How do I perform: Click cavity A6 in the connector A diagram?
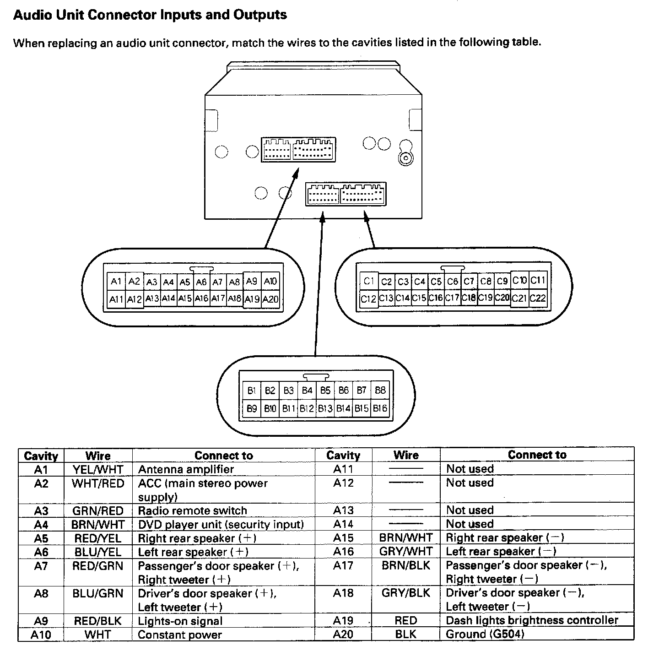tap(201, 282)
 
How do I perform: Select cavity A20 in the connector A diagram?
tap(270, 299)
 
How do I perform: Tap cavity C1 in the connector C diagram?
tap(369, 281)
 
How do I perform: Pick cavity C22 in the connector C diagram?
tap(538, 298)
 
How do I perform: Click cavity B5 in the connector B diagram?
tap(325, 391)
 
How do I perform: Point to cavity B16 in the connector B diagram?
tap(380, 408)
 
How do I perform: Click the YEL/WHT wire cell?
tap(98, 469)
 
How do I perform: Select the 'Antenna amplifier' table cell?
tap(186, 469)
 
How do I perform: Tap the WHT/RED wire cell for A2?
tap(98, 483)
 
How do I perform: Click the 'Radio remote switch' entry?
tap(192, 510)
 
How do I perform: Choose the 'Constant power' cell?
tap(180, 635)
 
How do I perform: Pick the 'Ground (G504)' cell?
tap(485, 634)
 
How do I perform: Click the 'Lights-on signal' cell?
tap(180, 621)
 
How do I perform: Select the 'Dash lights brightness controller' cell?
tap(532, 620)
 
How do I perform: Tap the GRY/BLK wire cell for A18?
tap(406, 593)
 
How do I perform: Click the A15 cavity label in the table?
tap(343, 538)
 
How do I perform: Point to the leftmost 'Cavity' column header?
tap(41, 456)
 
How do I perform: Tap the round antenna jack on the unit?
tap(405, 158)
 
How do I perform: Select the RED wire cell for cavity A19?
tap(406, 620)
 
